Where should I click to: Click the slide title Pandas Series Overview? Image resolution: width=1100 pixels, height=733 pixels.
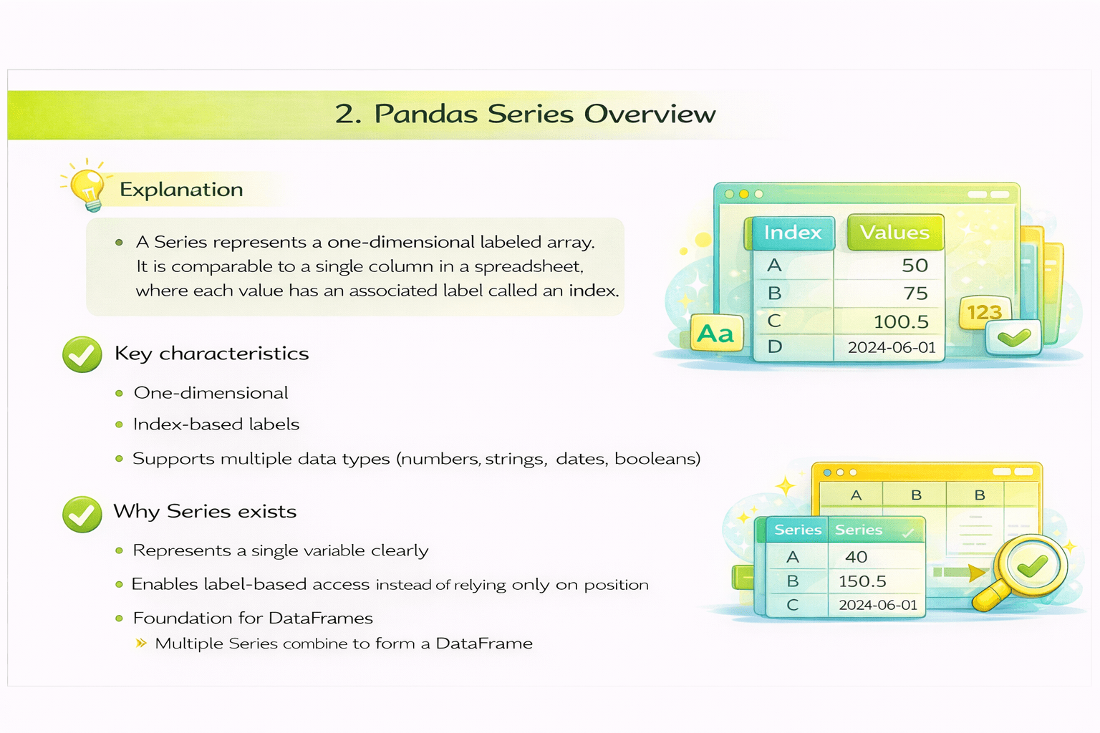click(525, 114)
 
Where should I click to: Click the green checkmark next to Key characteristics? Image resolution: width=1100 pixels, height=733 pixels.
click(82, 354)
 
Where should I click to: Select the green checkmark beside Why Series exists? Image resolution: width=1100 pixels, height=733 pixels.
click(82, 514)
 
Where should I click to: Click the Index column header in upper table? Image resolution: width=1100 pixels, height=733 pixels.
click(792, 233)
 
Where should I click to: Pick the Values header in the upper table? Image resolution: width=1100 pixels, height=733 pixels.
click(894, 233)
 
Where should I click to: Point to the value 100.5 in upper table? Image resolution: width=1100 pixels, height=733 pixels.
click(900, 321)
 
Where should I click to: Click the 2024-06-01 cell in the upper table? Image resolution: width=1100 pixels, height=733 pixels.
click(892, 348)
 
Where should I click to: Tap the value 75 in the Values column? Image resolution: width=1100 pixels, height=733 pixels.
click(915, 293)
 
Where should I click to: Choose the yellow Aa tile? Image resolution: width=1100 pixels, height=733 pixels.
click(715, 334)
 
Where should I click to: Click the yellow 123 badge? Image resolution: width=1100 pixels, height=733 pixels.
click(984, 313)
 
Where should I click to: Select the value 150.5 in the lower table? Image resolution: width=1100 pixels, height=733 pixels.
click(862, 581)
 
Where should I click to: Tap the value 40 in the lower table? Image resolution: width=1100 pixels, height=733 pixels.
click(856, 557)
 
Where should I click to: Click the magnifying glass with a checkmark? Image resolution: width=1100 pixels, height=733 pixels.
click(1028, 569)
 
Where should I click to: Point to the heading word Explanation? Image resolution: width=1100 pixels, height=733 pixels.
click(181, 190)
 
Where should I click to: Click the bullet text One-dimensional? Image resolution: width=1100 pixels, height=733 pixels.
click(211, 393)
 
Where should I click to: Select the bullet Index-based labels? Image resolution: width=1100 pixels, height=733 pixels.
click(216, 424)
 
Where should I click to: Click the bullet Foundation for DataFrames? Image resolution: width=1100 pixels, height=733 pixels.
click(253, 618)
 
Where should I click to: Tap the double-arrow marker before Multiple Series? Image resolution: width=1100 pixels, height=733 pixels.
click(141, 644)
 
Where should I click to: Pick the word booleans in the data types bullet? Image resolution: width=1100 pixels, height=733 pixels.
click(657, 459)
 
